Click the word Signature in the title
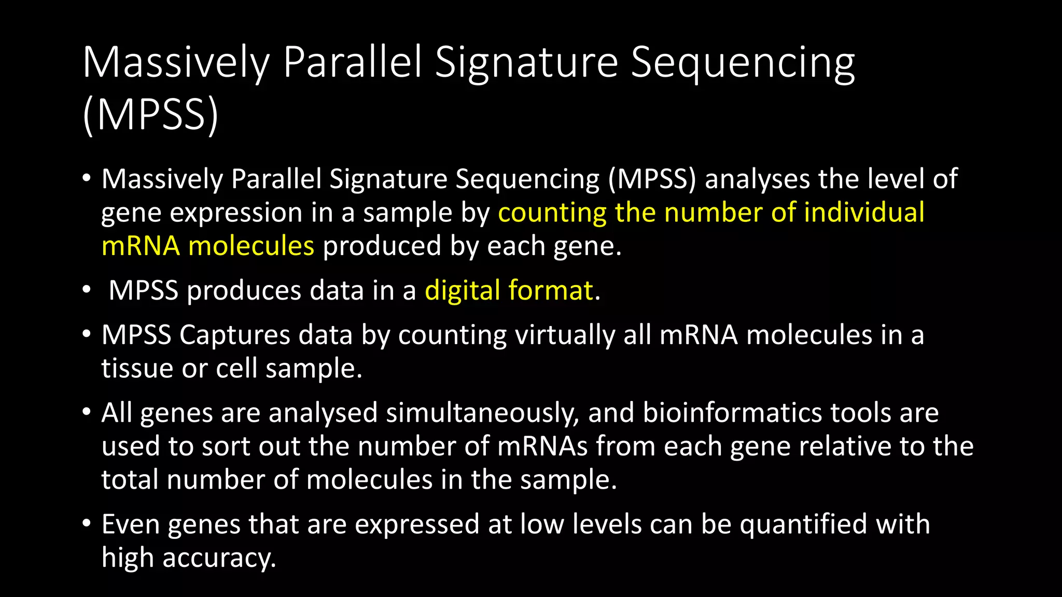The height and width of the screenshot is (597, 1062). point(526,63)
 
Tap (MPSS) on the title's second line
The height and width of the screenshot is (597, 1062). point(150,115)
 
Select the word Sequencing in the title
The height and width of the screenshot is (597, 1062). point(743,63)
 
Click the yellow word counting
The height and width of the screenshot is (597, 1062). point(552,213)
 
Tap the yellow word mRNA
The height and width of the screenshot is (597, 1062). point(141,246)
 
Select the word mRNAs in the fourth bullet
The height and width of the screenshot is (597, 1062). point(542,446)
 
